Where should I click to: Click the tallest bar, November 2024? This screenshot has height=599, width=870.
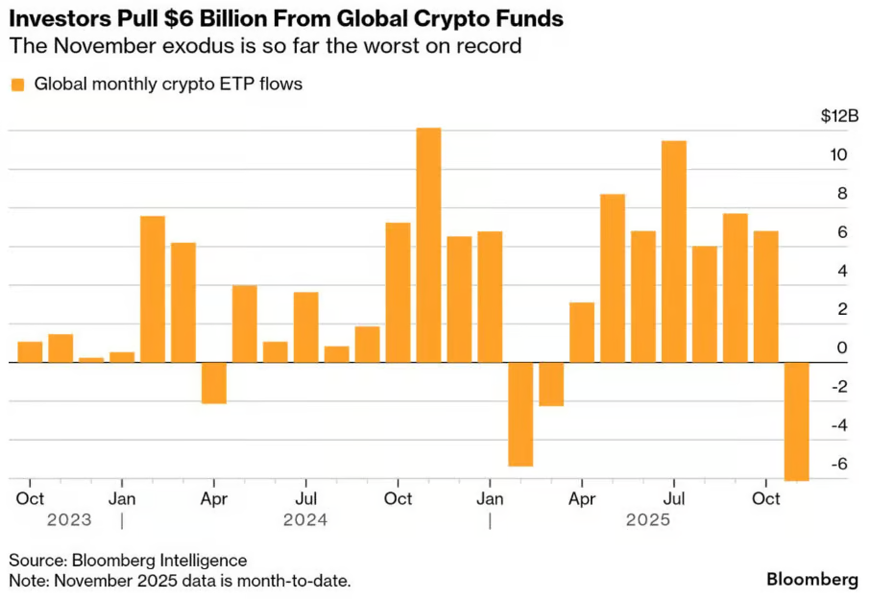(428, 245)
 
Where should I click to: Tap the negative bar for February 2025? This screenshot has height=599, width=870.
(520, 414)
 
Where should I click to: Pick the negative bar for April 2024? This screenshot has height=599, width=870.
(214, 382)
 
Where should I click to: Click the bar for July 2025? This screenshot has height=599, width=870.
(674, 252)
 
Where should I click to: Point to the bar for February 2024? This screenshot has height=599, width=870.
(153, 289)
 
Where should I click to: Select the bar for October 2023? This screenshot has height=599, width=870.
(30, 351)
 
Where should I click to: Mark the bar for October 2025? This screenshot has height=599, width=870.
(765, 297)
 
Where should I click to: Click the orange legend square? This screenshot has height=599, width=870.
(17, 84)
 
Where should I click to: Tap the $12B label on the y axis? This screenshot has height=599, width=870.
(839, 116)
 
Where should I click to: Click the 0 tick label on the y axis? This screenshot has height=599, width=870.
(841, 347)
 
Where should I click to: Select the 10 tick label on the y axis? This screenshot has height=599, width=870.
(838, 155)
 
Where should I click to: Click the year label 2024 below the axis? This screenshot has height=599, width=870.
(305, 520)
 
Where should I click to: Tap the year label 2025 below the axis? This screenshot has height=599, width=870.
(648, 520)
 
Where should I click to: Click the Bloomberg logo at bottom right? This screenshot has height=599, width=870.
(811, 580)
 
